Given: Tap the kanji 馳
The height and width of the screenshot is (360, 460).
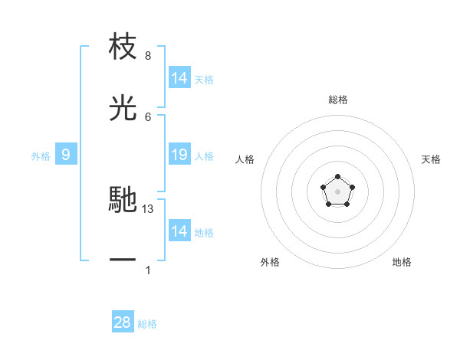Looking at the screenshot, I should point(123,199).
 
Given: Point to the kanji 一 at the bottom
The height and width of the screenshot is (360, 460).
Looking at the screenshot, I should point(123,260).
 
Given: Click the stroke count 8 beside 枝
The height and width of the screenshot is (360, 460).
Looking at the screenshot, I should point(147,56).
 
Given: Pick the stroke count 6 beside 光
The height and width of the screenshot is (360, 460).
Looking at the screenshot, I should point(147,116).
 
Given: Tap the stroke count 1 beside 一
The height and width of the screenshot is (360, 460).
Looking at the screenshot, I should point(147,270).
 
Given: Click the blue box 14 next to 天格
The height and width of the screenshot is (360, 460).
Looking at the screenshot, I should point(179,78).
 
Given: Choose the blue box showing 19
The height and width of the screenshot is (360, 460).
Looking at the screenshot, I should point(179,155).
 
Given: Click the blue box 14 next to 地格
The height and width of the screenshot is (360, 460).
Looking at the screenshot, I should point(179,231).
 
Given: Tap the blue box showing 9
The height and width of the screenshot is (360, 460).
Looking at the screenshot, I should point(66,155).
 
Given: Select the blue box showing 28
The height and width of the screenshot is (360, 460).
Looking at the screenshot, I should point(122,322).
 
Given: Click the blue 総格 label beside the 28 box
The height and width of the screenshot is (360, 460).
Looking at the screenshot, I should point(147,324).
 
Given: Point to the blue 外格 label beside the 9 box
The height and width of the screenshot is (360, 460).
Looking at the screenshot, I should point(41,156).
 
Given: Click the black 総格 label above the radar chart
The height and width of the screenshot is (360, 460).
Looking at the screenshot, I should point(338,100).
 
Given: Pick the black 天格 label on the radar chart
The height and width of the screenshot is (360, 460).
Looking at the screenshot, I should point(431,159).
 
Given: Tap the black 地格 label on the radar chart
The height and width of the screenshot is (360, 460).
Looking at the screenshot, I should point(402,262).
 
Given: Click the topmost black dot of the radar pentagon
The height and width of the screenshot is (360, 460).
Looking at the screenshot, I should point(338,178).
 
